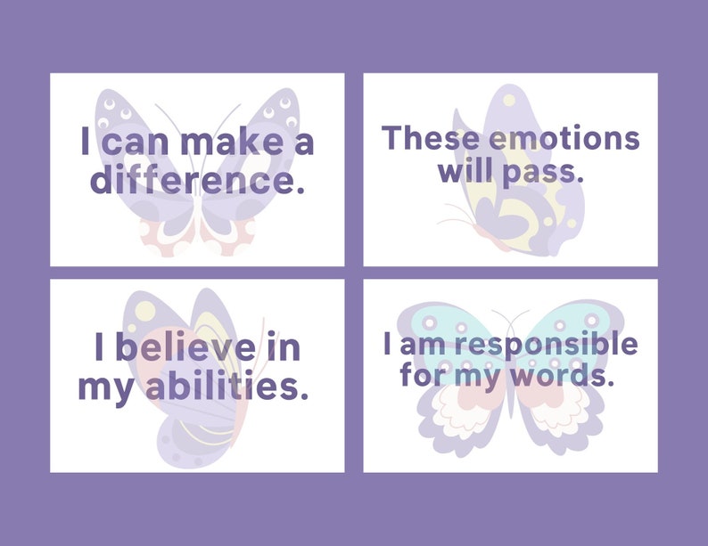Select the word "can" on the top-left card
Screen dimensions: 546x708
pos(136,143)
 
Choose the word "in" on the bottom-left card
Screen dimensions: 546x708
pos(284,348)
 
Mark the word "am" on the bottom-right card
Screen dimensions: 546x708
pos(417,343)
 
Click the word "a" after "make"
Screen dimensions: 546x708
pos(303,143)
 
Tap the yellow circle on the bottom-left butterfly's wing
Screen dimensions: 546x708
pos(145,311)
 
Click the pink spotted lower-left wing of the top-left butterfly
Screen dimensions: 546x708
pos(163,237)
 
